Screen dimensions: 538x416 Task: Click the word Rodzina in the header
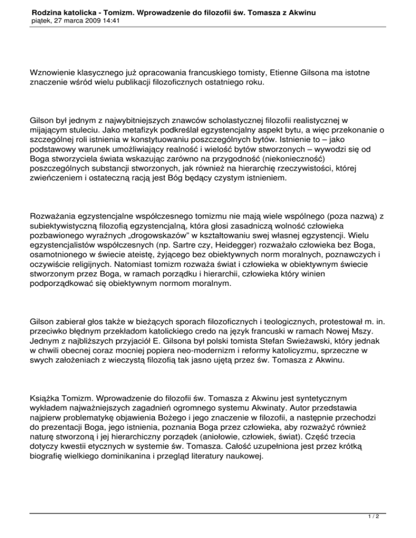pyautogui.click(x=48, y=11)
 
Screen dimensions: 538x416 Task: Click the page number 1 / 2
pyautogui.click(x=398, y=530)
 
